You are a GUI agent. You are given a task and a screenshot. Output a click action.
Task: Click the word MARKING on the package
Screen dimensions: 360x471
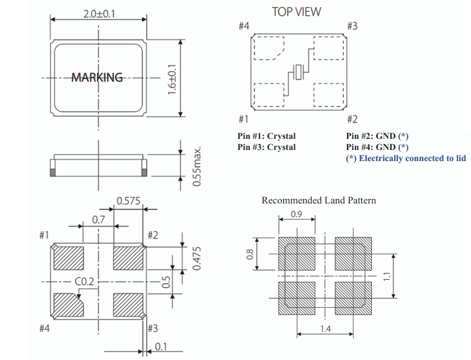[97, 78]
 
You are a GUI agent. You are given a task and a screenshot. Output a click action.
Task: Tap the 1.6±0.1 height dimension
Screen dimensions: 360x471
[172, 79]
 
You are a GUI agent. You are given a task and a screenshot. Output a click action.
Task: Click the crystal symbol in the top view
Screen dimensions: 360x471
[299, 73]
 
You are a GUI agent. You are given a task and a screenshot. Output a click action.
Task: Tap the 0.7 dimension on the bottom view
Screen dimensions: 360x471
[99, 220]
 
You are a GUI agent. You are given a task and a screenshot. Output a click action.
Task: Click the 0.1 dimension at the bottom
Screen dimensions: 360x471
[160, 347]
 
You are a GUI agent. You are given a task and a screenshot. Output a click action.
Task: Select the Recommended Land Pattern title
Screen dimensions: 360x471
[318, 200]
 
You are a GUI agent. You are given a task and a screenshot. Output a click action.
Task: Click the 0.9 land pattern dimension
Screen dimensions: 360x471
[296, 213]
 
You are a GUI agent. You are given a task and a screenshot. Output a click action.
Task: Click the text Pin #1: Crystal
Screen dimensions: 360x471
[266, 136]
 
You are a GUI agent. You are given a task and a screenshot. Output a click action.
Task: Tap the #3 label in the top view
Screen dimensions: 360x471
[352, 26]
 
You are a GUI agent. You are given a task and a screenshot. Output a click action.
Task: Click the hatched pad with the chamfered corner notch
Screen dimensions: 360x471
[65, 304]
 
